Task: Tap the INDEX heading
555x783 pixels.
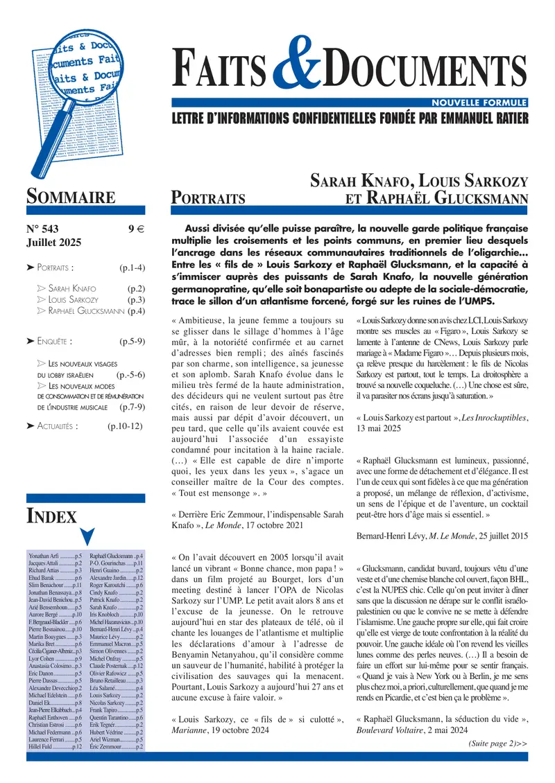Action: point(51,515)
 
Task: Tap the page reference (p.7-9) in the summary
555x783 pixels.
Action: point(132,407)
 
